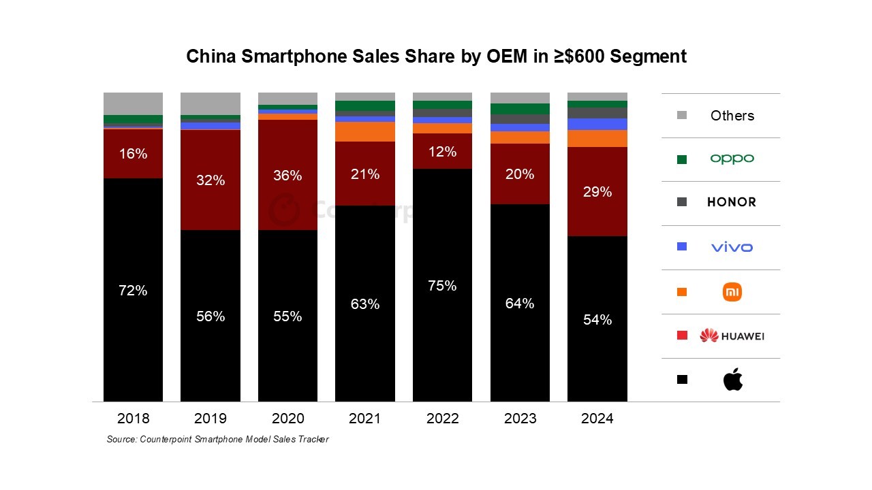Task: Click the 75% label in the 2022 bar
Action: pyautogui.click(x=442, y=286)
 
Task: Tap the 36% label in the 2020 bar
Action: pyautogui.click(x=287, y=176)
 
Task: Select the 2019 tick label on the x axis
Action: pyautogui.click(x=211, y=418)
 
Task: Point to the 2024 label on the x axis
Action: pyautogui.click(x=597, y=418)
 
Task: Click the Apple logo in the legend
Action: pyautogui.click(x=732, y=380)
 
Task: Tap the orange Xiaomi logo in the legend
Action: pyautogui.click(x=732, y=292)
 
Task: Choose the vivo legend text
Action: pyautogui.click(x=732, y=247)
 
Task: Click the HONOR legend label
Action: pyautogui.click(x=732, y=202)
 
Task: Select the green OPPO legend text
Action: pyautogui.click(x=732, y=159)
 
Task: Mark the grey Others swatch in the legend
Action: pyautogui.click(x=682, y=116)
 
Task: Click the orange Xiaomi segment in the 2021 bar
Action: pyautogui.click(x=364, y=131)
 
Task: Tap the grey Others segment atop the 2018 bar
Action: pyautogui.click(x=133, y=103)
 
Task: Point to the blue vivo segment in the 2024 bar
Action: pyautogui.click(x=597, y=124)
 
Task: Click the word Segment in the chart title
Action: pyautogui.click(x=648, y=56)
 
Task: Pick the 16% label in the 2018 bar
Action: pyautogui.click(x=133, y=154)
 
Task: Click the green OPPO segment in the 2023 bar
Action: pyautogui.click(x=520, y=109)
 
